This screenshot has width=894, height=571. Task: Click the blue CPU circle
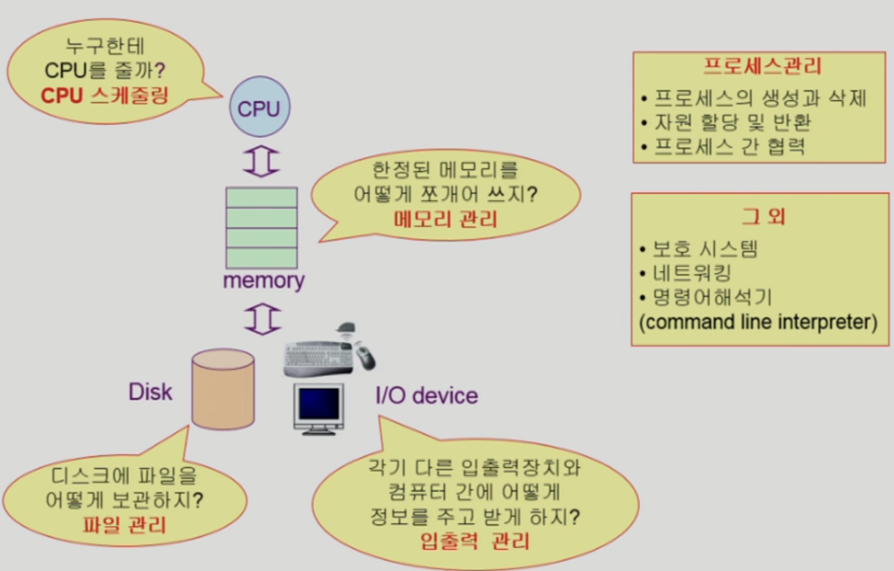(260, 107)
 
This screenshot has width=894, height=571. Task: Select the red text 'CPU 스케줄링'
(105, 96)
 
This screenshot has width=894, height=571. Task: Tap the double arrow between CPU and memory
(261, 161)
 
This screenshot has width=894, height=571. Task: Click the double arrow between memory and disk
(262, 319)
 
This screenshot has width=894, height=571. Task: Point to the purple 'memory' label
(263, 281)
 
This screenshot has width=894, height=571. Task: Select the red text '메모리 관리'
(445, 220)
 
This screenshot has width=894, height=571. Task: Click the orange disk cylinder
(223, 389)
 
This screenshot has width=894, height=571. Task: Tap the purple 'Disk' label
(150, 392)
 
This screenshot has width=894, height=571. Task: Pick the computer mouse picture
(365, 357)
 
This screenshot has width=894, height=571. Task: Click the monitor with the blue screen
(319, 408)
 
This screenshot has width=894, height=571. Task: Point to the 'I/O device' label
(426, 396)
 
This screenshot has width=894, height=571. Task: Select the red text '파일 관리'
(124, 525)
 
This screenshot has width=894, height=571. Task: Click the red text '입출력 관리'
(475, 541)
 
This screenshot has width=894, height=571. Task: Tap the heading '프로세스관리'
(763, 66)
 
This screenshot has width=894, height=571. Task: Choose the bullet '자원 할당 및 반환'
(732, 122)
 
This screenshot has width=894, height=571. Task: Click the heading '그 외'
(763, 216)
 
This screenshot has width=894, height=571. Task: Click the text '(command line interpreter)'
(758, 322)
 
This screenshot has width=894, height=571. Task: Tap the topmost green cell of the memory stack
(262, 197)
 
